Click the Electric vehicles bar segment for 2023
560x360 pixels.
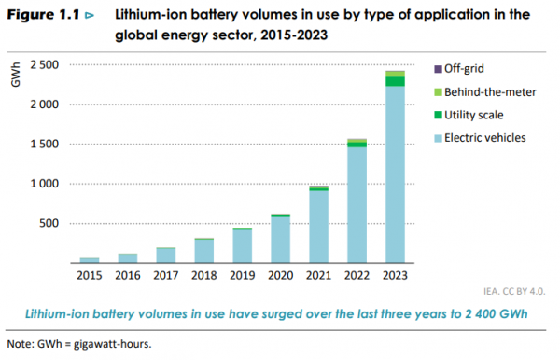point(395,177)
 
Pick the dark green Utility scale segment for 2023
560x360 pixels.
point(395,81)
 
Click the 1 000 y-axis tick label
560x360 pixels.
point(43,184)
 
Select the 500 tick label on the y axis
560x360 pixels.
point(49,224)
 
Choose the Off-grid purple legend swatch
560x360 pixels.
point(438,68)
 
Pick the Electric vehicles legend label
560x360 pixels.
point(485,138)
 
